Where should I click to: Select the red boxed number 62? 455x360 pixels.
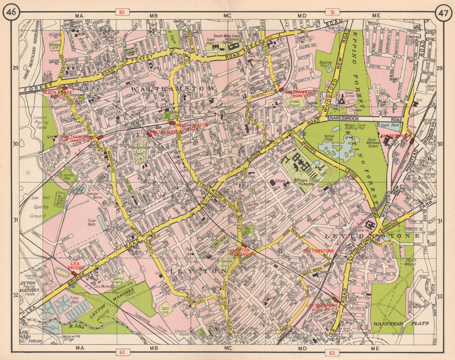click(121, 352)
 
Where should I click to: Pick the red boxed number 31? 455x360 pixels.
click(330, 12)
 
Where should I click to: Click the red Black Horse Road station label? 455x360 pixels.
click(57, 94)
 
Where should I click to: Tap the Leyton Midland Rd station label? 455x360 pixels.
click(242, 253)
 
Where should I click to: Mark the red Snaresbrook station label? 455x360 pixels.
click(394, 136)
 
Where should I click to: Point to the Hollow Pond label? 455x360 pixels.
click(329, 138)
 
